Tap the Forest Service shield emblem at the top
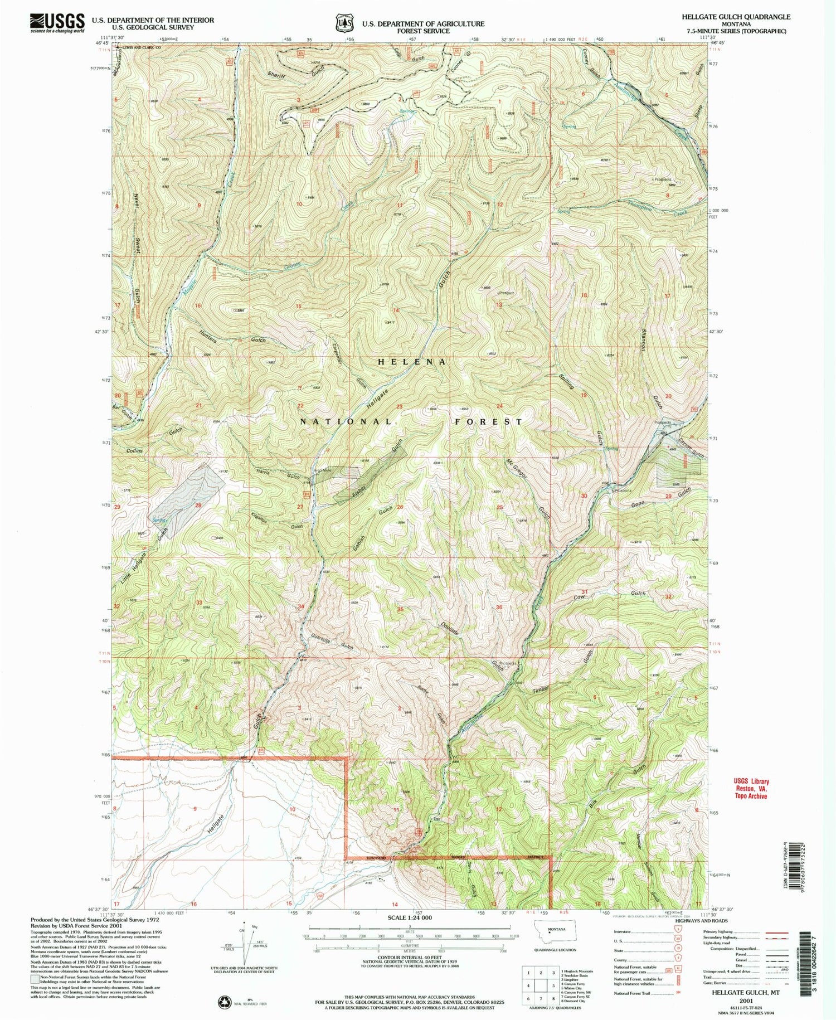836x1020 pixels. click(344, 23)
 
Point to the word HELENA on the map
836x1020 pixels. click(412, 362)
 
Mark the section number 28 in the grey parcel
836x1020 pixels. click(197, 505)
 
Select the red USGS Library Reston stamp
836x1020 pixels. click(751, 789)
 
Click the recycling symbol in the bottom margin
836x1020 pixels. click(225, 1002)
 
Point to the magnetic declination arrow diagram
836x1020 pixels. click(244, 942)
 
